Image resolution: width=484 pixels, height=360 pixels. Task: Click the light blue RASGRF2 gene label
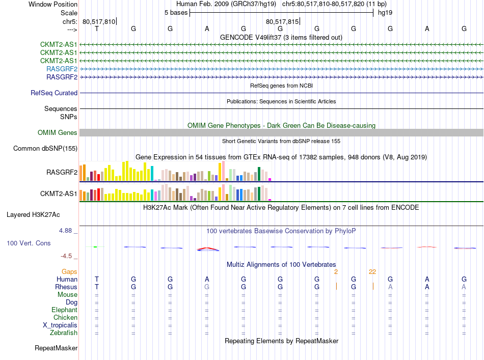coord(62,69)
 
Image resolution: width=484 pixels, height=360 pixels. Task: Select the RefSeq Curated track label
coord(54,93)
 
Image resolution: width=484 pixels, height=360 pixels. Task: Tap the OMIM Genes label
coord(58,133)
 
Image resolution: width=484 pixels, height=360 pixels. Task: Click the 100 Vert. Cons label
coord(29,243)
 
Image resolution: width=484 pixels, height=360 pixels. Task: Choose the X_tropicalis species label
coord(60,325)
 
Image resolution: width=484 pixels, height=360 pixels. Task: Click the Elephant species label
coord(64,310)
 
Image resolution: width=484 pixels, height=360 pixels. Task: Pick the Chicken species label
coord(65,318)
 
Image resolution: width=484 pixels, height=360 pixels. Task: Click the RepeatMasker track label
coord(56,348)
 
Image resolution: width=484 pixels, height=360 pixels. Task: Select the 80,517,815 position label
coord(282,21)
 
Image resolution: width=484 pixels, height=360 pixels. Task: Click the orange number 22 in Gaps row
coord(372,271)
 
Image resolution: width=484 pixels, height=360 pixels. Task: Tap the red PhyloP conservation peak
coord(208,249)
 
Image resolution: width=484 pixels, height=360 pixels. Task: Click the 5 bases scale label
coord(176,13)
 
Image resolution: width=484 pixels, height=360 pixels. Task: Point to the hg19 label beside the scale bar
coord(385,13)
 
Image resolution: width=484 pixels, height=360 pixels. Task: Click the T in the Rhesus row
coord(97,287)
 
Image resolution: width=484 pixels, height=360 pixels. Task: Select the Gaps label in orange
coord(69,272)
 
